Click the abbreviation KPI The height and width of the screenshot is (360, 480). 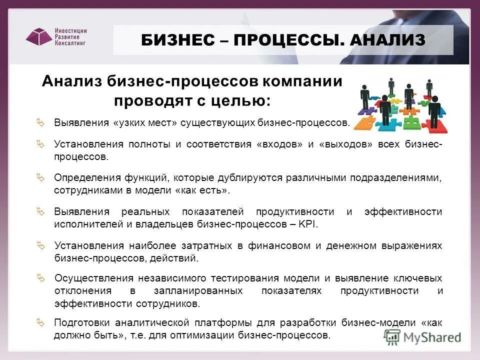308,224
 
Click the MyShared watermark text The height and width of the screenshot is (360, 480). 431,337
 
